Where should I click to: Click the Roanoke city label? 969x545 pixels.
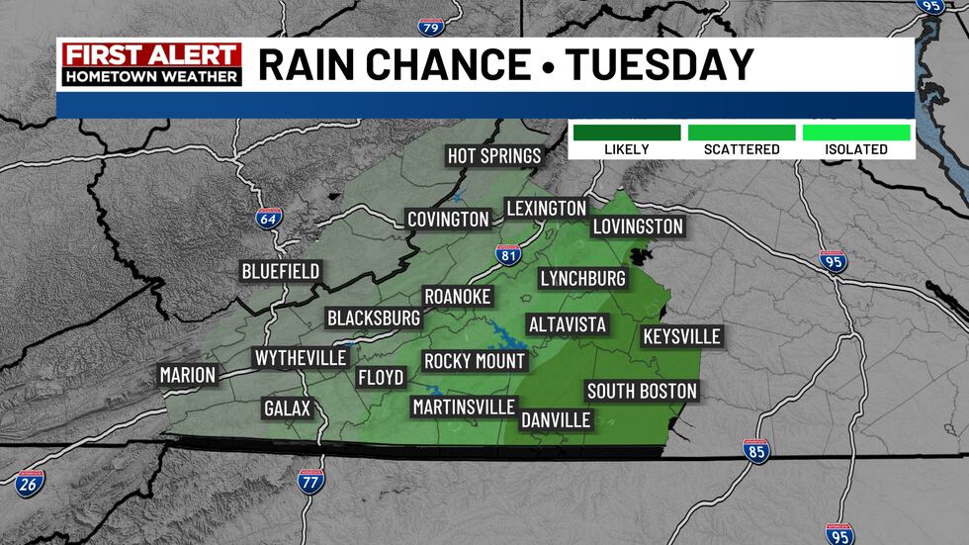pyautogui.click(x=457, y=296)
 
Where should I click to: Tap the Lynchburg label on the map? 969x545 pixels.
pyautogui.click(x=583, y=278)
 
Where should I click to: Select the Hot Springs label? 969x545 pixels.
pyautogui.click(x=494, y=155)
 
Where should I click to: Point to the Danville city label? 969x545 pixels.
pyautogui.click(x=555, y=419)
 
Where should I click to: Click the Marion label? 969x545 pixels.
pyautogui.click(x=188, y=375)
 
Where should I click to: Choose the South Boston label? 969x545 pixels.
pyautogui.click(x=642, y=391)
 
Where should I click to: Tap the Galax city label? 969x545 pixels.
pyautogui.click(x=288, y=408)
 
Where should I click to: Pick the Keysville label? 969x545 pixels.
pyautogui.click(x=681, y=336)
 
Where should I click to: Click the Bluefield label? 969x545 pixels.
pyautogui.click(x=282, y=271)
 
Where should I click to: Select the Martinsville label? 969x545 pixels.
pyautogui.click(x=464, y=407)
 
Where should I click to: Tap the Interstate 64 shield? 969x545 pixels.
pyautogui.click(x=268, y=219)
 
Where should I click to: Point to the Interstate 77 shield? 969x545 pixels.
pyautogui.click(x=309, y=482)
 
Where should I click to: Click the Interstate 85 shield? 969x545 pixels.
pyautogui.click(x=756, y=451)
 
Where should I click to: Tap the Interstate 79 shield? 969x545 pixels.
pyautogui.click(x=430, y=27)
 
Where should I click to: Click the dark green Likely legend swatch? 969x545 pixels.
pyautogui.click(x=626, y=132)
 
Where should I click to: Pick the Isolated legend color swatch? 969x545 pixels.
pyautogui.click(x=856, y=132)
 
